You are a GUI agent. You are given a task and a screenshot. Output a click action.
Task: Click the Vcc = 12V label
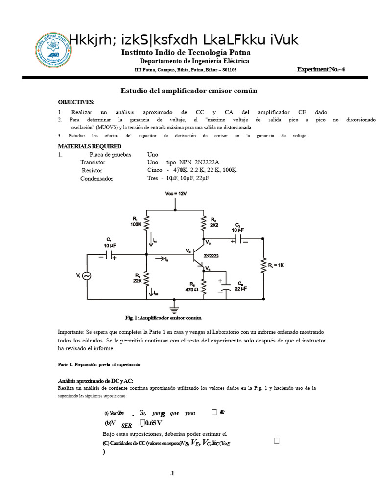pyautogui.click(x=175, y=193)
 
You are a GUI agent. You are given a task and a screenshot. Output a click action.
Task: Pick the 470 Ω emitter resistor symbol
pyautogui.click(x=204, y=288)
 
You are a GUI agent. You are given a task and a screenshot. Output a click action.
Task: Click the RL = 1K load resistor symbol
pyautogui.click(x=263, y=267)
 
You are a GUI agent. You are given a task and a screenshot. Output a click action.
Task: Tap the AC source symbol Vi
pyautogui.click(x=87, y=276)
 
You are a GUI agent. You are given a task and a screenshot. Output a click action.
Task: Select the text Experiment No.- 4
pyautogui.click(x=321, y=69)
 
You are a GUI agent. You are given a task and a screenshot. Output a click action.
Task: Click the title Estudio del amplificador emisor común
pyautogui.click(x=188, y=91)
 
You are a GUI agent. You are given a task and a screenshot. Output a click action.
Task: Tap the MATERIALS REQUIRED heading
pyautogui.click(x=90, y=146)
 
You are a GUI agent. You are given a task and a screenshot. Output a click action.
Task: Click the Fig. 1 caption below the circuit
pyautogui.click(x=163, y=318)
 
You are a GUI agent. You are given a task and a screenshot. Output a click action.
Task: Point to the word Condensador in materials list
pyautogui.click(x=96, y=179)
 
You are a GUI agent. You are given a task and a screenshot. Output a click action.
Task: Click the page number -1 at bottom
pyautogui.click(x=172, y=473)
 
